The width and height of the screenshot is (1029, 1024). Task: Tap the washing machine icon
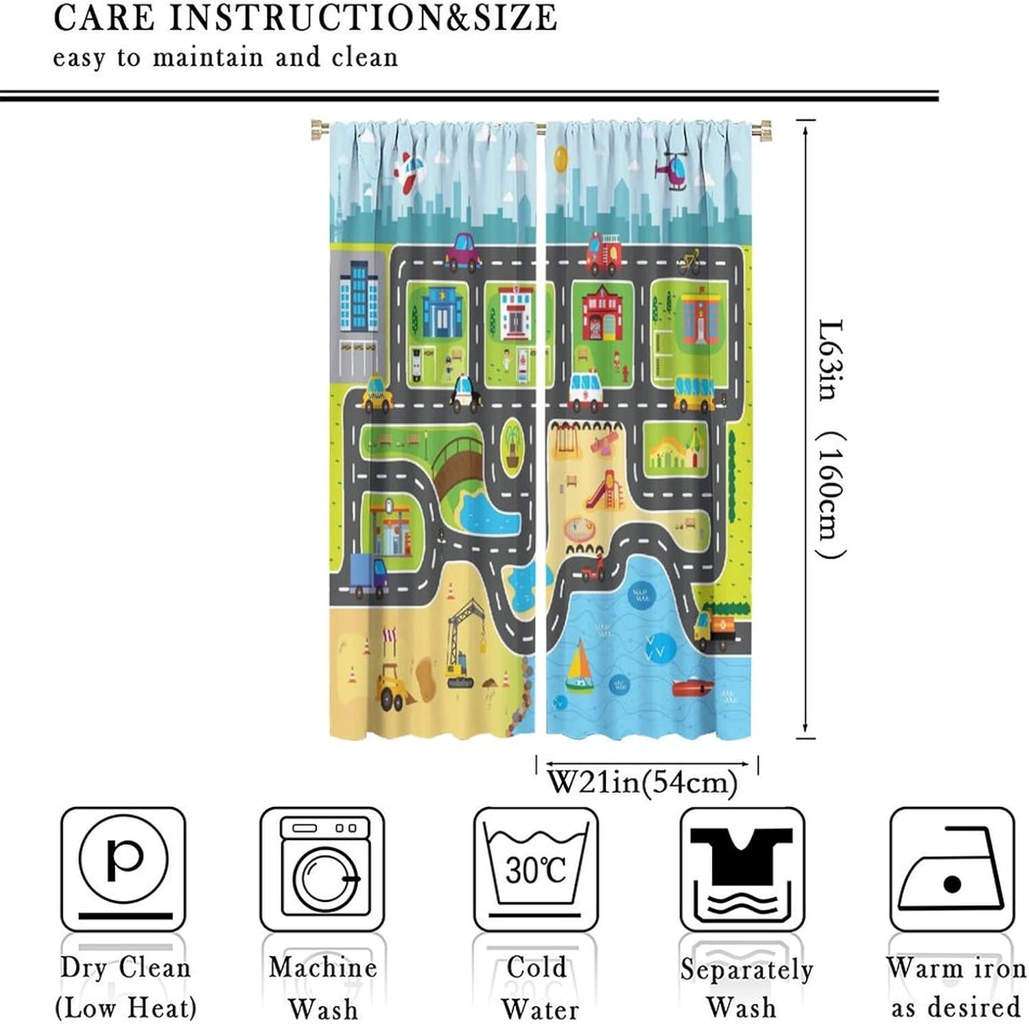tap(322, 868)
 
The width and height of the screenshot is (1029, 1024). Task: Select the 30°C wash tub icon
tap(536, 868)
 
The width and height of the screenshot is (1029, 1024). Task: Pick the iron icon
tap(951, 868)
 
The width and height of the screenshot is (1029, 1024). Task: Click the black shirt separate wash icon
tap(742, 868)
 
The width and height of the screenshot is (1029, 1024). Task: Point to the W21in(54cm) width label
tap(642, 782)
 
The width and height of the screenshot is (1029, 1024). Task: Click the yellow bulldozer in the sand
tap(394, 686)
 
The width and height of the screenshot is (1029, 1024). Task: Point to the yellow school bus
tap(694, 393)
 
